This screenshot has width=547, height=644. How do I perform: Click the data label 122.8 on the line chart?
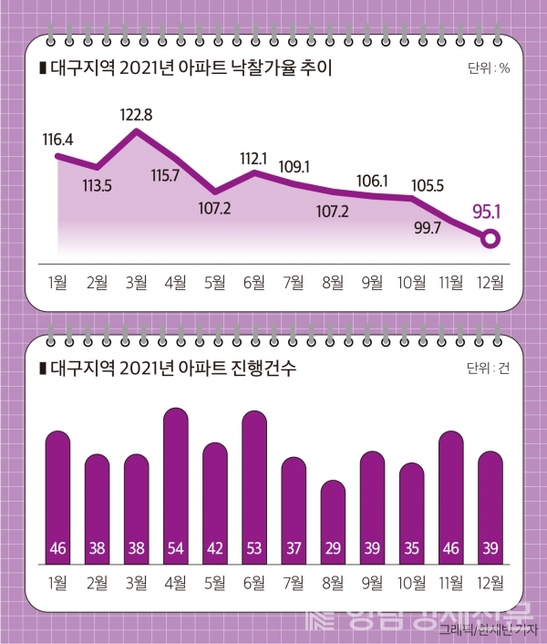tap(137, 114)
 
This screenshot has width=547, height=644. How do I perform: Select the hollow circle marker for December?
tap(490, 240)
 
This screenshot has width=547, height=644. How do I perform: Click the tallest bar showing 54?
tap(176, 483)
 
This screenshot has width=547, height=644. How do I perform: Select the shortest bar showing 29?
tap(334, 520)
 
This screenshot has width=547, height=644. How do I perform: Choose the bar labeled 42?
tap(215, 502)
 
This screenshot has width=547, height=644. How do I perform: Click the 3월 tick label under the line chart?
tap(137, 282)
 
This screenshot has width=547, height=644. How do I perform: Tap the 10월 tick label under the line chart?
tap(412, 282)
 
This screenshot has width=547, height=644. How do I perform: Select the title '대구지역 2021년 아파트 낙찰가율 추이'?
tap(182, 68)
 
